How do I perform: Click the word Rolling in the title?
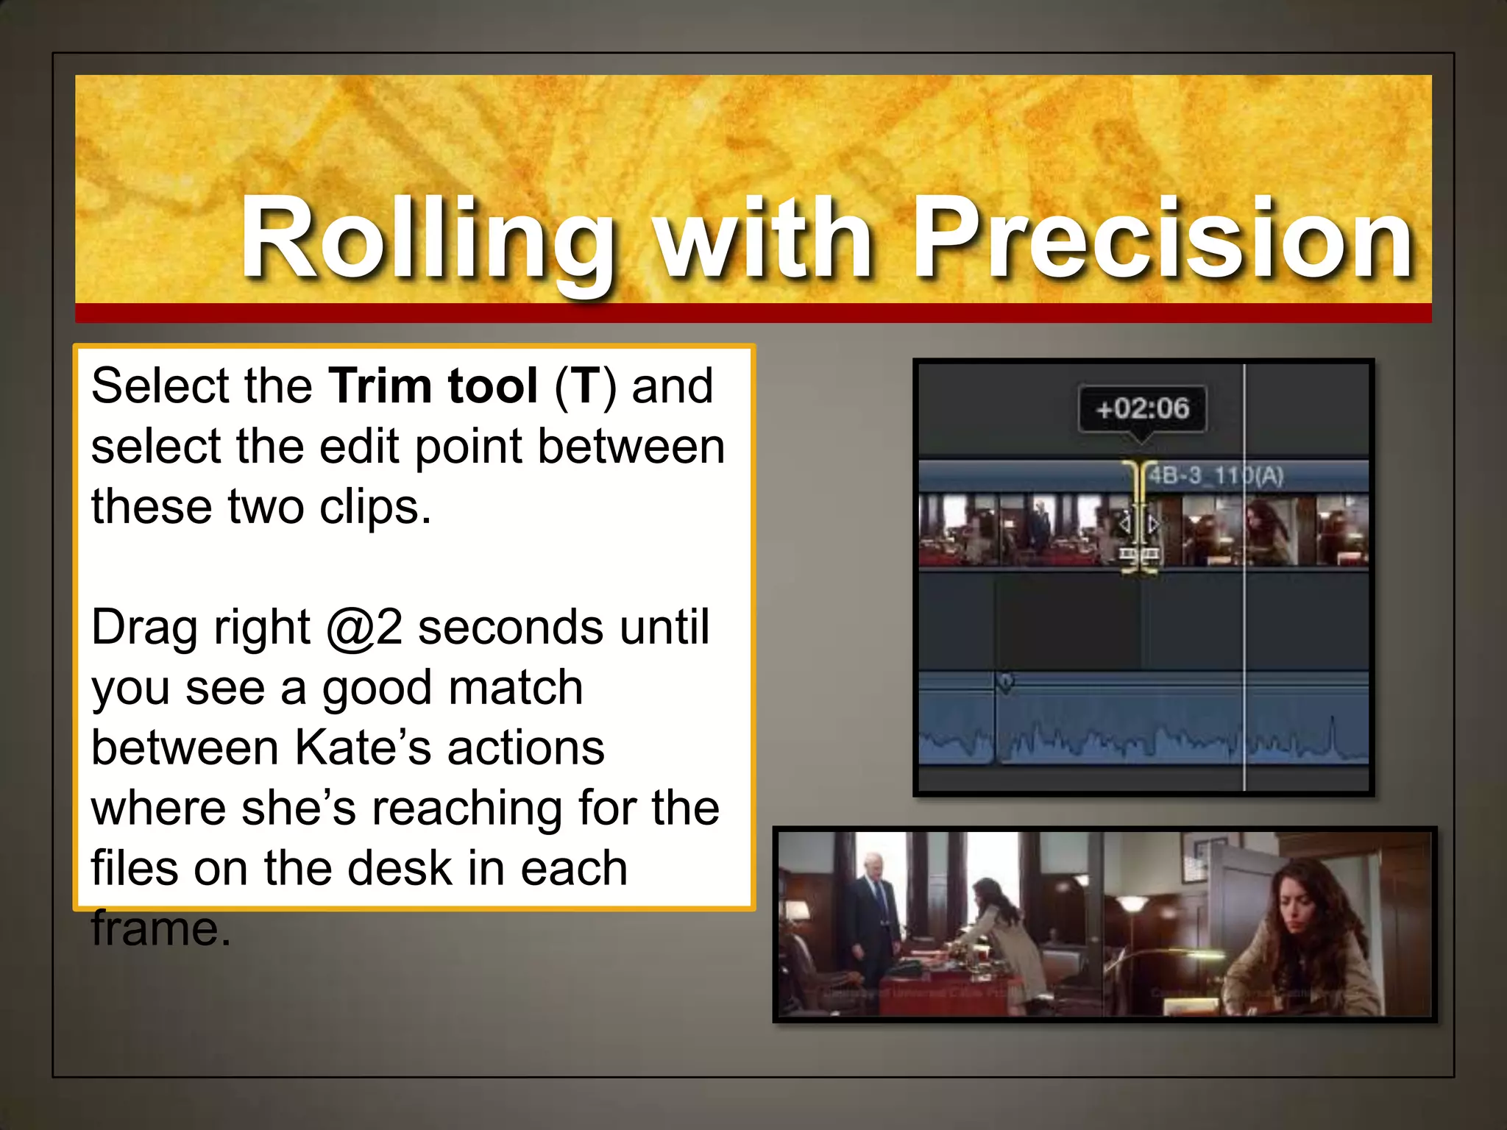click(x=427, y=239)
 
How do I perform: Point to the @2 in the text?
click(x=364, y=628)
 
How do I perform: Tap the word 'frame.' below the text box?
click(x=160, y=928)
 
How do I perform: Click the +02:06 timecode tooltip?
click(x=1142, y=408)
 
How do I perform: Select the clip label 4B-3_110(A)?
click(x=1216, y=476)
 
